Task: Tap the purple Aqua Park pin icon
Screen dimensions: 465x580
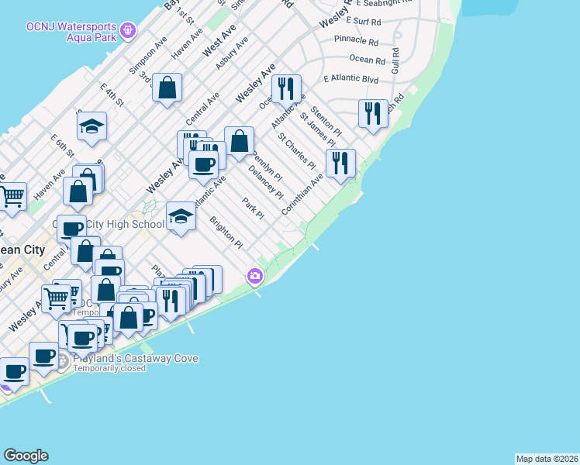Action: pyautogui.click(x=128, y=31)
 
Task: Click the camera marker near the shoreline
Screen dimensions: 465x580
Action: pyautogui.click(x=254, y=276)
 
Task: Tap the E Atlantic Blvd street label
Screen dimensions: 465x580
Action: pyautogui.click(x=350, y=79)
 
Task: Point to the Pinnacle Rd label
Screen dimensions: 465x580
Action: pyautogui.click(x=356, y=40)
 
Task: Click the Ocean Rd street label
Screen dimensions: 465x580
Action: pyautogui.click(x=367, y=59)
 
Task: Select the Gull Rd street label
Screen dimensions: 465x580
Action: pyautogui.click(x=395, y=60)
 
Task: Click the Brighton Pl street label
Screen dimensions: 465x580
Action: pyautogui.click(x=226, y=232)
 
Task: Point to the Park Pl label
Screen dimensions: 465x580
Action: pyautogui.click(x=248, y=208)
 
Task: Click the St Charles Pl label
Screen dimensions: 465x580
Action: pyautogui.click(x=297, y=153)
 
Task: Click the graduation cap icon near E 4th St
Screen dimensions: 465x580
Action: pyautogui.click(x=91, y=126)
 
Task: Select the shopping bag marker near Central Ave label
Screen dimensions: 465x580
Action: pyautogui.click(x=167, y=88)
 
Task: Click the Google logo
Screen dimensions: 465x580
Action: pyautogui.click(x=26, y=456)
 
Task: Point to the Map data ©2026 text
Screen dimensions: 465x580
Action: pyautogui.click(x=547, y=459)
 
